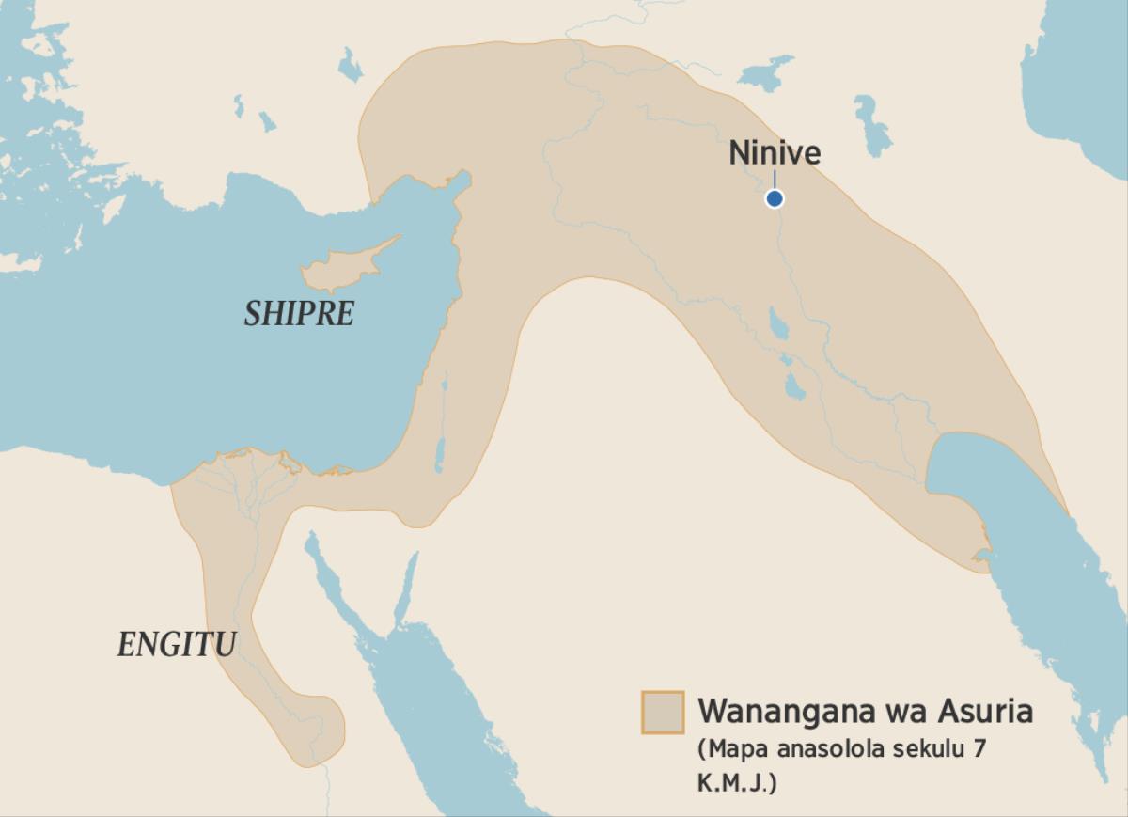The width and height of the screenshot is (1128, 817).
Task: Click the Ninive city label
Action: [775, 153]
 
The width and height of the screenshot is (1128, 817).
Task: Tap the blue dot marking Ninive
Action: [774, 198]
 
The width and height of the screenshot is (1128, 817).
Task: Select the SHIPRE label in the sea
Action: [299, 314]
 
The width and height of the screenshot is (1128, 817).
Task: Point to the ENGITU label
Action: [176, 645]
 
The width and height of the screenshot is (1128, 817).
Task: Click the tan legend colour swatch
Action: [662, 713]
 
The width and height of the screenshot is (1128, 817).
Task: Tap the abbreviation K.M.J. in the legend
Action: [737, 783]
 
